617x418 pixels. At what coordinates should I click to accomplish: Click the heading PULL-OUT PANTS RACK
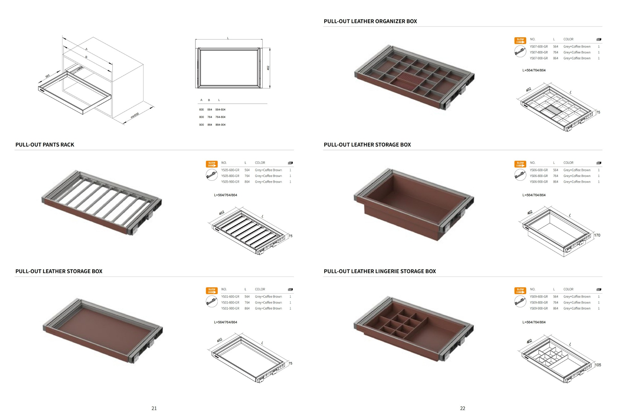pos(45,145)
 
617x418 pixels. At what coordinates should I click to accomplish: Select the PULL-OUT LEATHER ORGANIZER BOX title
pos(370,21)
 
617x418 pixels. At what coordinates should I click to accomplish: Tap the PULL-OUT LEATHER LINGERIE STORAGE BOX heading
pos(380,271)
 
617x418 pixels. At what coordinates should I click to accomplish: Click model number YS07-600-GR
pos(539,47)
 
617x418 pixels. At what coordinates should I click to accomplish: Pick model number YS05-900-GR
pos(230,182)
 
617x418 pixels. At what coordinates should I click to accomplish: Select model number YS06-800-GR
pos(539,176)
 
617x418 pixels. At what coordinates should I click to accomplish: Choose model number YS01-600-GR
pos(230,297)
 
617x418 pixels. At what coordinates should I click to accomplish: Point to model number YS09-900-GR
pos(539,308)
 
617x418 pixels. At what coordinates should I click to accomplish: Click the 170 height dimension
pos(597,235)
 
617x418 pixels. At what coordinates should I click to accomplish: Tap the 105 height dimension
pos(598,365)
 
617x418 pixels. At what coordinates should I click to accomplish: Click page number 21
pos(154,408)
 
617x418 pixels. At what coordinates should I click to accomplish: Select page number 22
pos(463,408)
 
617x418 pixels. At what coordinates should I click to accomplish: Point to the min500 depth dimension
pos(135,116)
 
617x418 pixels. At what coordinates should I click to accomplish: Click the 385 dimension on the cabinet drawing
pos(48,76)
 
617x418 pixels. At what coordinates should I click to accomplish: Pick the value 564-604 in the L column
pos(220,110)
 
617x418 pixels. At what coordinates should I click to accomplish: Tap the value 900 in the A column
pos(201,125)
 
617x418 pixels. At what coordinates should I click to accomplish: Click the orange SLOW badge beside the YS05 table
pos(212,164)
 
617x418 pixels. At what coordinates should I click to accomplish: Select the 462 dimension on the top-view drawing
pos(268,68)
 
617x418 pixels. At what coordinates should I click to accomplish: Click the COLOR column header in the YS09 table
pos(568,289)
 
